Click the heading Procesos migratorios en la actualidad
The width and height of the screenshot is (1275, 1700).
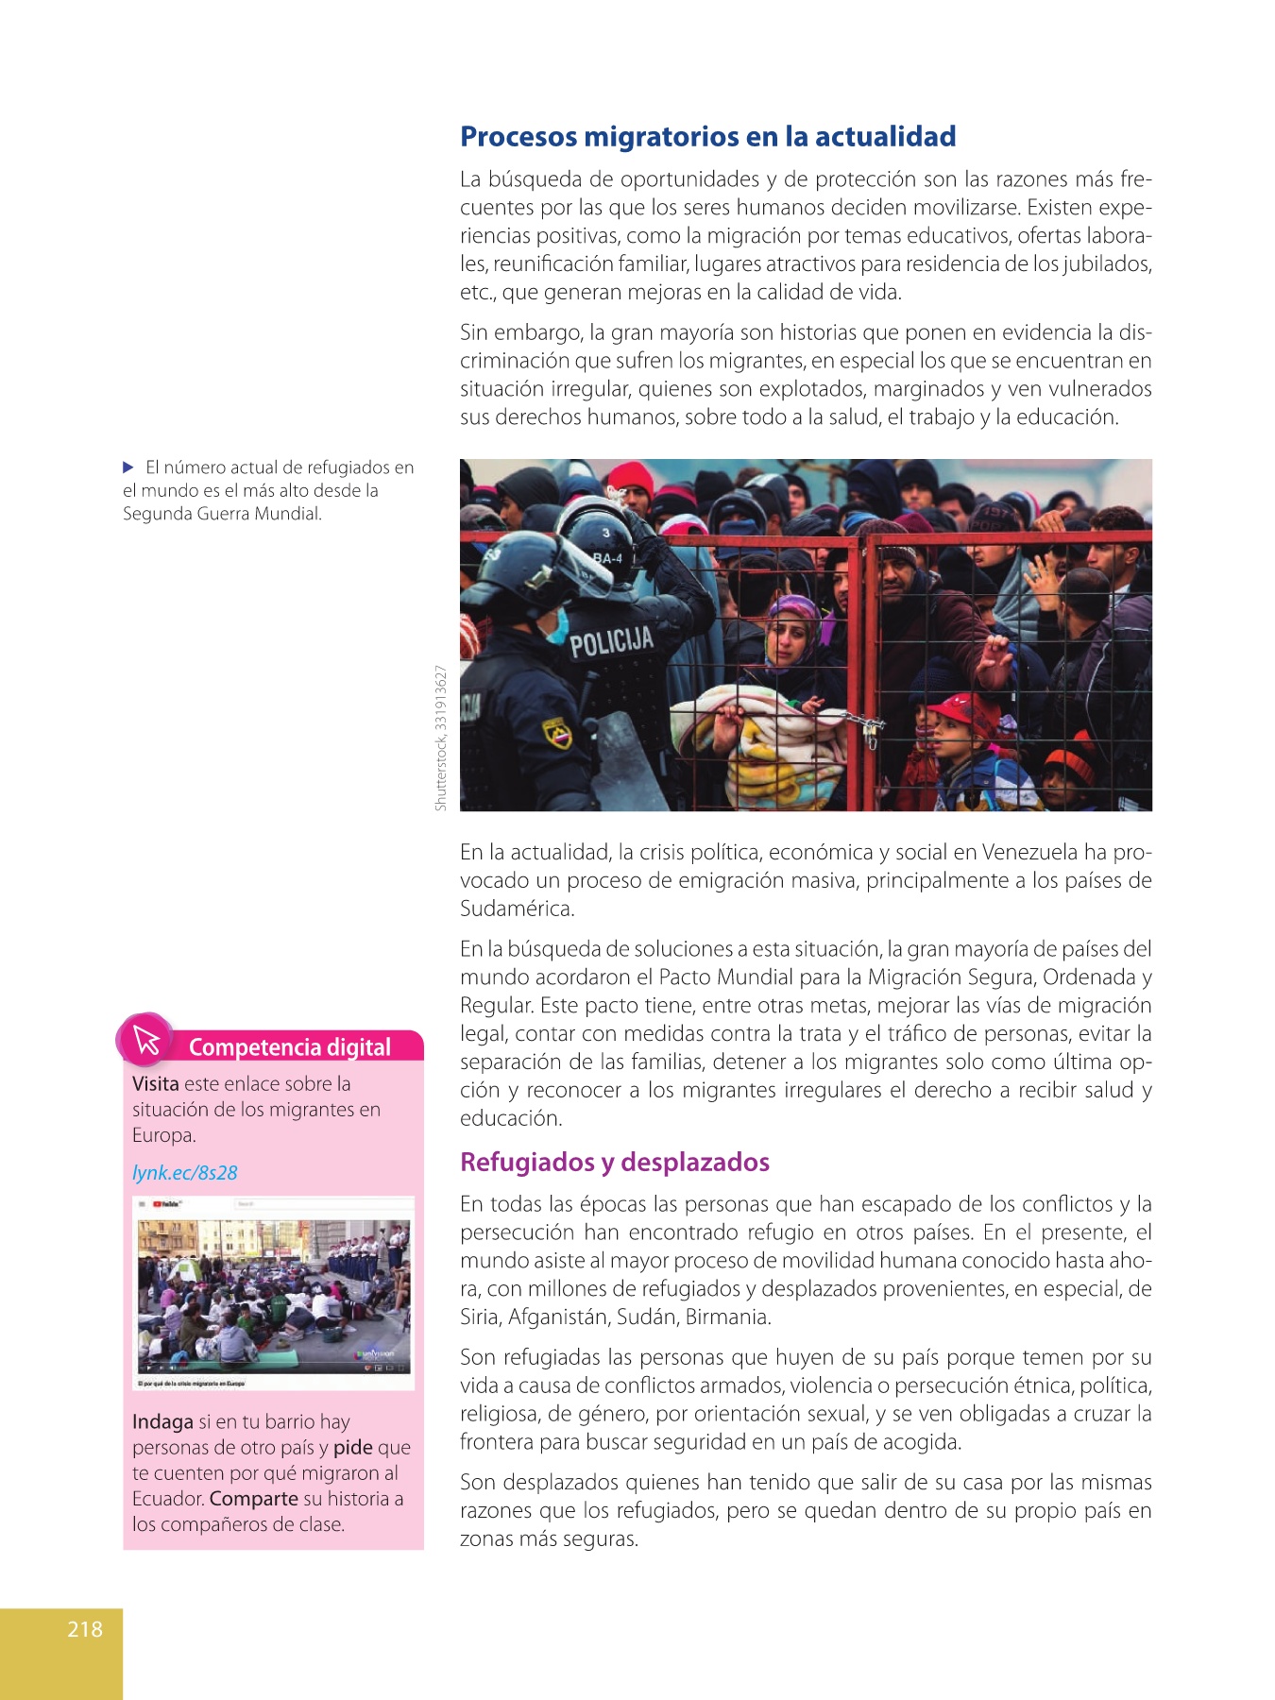coord(707,137)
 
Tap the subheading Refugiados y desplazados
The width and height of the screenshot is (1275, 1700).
coord(615,1162)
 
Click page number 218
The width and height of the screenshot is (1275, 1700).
coord(85,1628)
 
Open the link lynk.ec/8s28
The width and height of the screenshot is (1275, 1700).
coord(185,1173)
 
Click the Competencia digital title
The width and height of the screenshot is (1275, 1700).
coord(289,1046)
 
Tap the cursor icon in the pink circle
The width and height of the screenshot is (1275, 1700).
coord(146,1040)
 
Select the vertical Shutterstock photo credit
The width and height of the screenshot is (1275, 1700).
coord(440,738)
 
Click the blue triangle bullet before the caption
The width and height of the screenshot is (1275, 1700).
coord(129,467)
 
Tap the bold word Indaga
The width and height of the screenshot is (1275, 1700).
coord(162,1421)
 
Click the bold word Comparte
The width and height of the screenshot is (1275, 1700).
coord(253,1499)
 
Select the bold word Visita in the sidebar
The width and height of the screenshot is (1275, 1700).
coord(155,1083)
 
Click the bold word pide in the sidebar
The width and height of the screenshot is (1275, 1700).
coord(352,1448)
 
